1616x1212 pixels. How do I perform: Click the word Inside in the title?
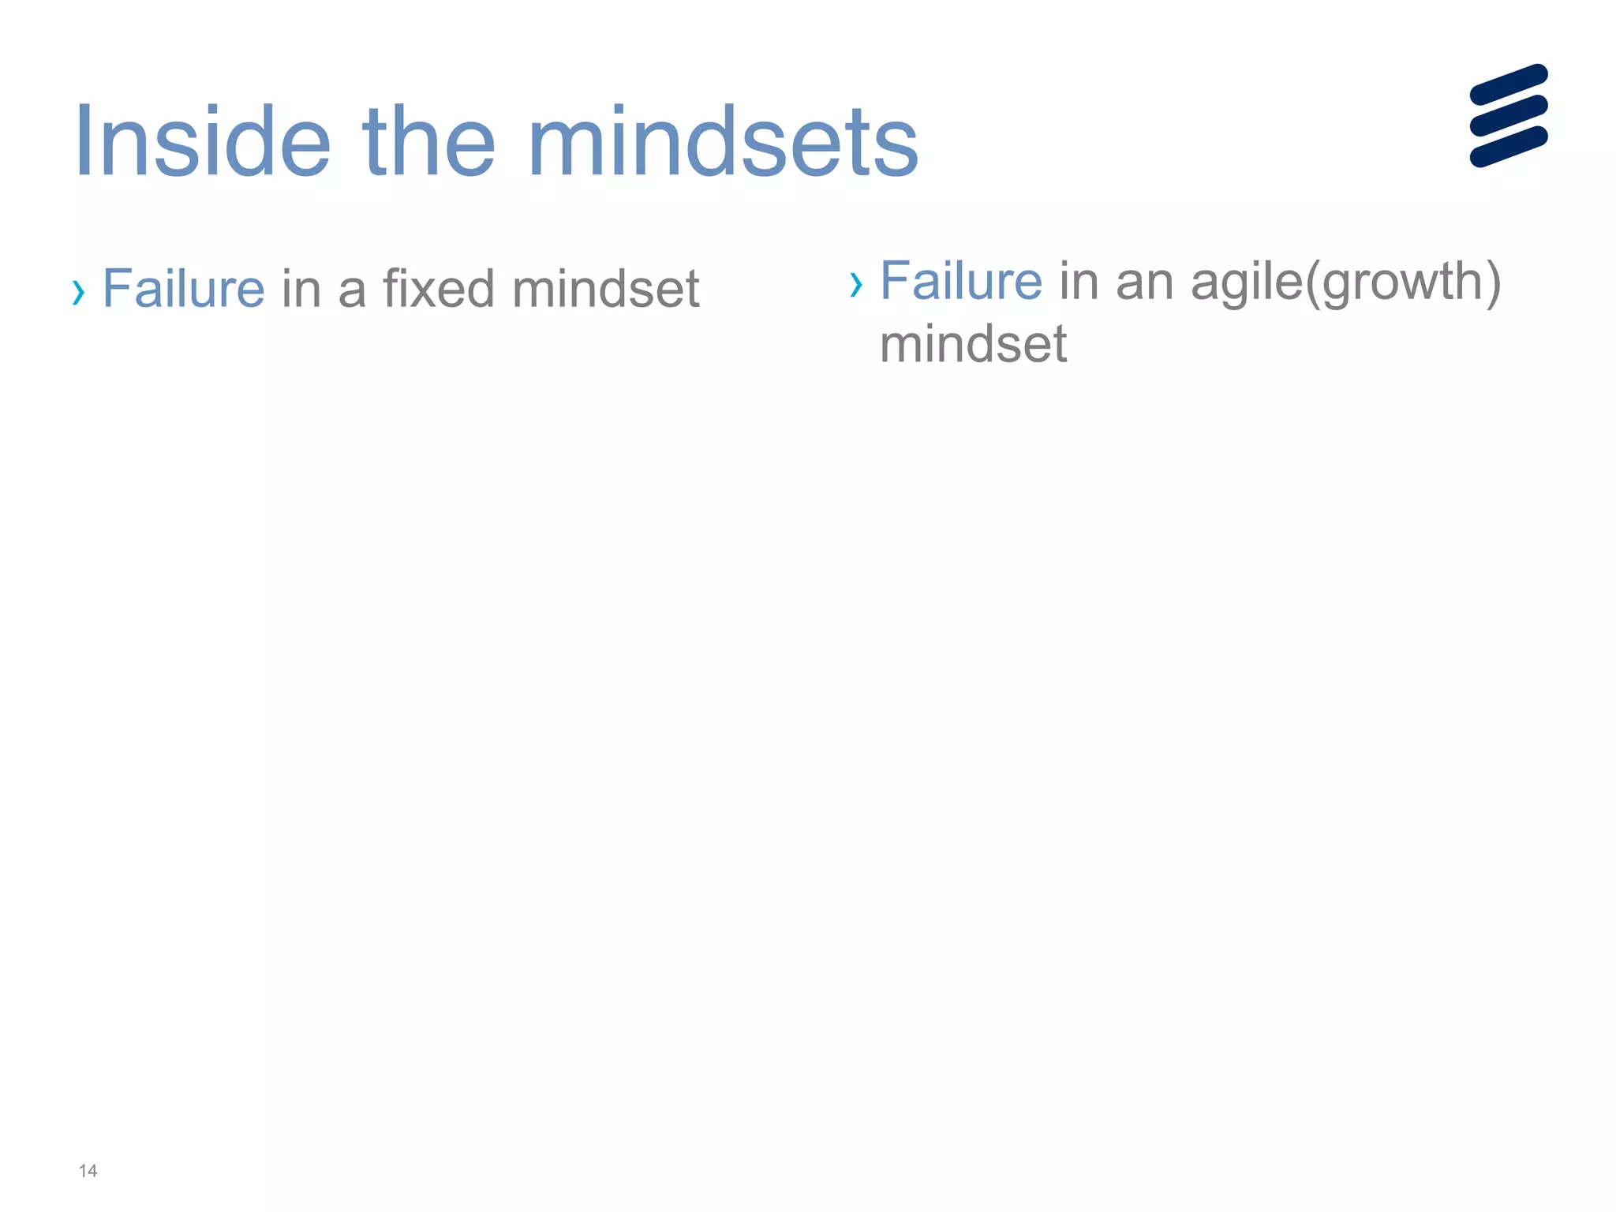pyautogui.click(x=202, y=143)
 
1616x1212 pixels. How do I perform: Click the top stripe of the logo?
pyautogui.click(x=1508, y=84)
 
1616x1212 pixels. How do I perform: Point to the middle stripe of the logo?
pyautogui.click(x=1508, y=115)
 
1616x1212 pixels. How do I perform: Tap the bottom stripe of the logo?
pyautogui.click(x=1508, y=147)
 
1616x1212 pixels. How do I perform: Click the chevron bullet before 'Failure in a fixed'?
pyautogui.click(x=77, y=292)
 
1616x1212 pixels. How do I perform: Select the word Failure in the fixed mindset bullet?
pyautogui.click(x=183, y=289)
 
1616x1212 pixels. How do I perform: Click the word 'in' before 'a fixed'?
pyautogui.click(x=301, y=289)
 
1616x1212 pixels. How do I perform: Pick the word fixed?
pyautogui.click(x=439, y=289)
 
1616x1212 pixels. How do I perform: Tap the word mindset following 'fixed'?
pyautogui.click(x=605, y=289)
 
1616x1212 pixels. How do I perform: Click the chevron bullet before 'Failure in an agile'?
pyautogui.click(x=855, y=284)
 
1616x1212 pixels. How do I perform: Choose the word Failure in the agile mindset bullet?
pyautogui.click(x=960, y=281)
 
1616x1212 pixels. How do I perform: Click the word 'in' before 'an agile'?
pyautogui.click(x=1078, y=281)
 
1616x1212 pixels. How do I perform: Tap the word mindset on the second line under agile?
pyautogui.click(x=973, y=345)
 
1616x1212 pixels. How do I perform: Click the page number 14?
pyautogui.click(x=88, y=1171)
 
